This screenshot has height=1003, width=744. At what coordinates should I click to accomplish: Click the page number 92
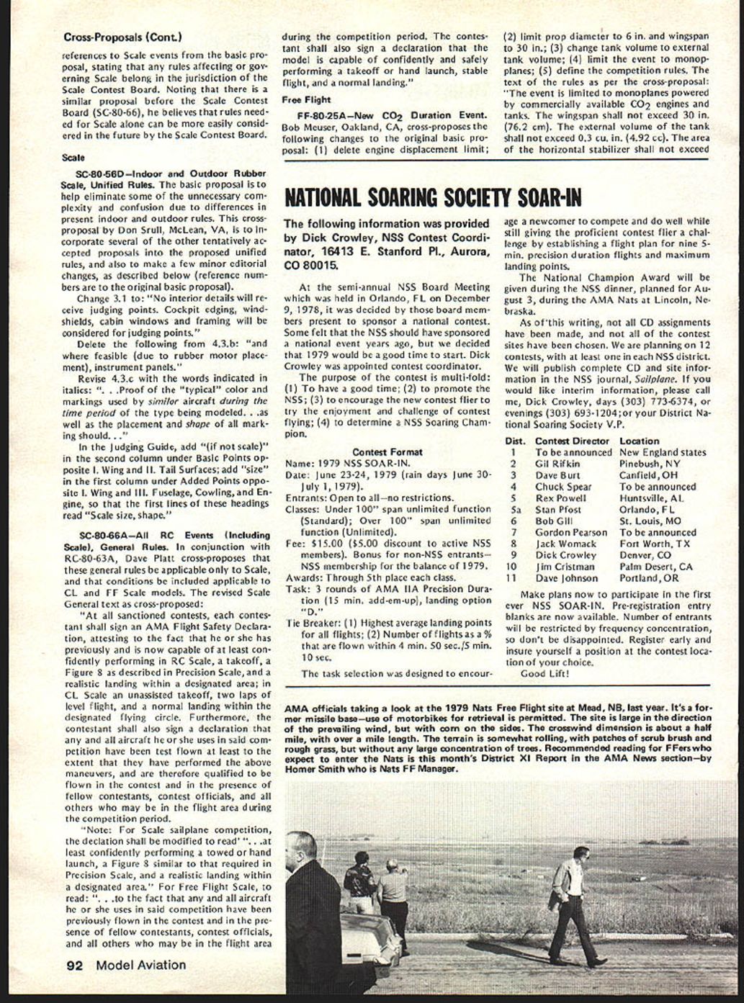click(x=74, y=966)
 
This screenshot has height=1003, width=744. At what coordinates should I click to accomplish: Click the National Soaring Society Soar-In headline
click(x=433, y=197)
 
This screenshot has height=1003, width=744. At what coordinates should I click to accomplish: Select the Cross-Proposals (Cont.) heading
click(x=122, y=37)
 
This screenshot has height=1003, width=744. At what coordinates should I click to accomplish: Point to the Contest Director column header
click(x=572, y=441)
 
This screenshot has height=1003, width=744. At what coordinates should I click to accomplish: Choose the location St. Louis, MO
click(x=650, y=521)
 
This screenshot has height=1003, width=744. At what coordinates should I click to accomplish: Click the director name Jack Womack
click(x=565, y=544)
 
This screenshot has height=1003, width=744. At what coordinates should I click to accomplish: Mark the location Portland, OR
click(x=648, y=578)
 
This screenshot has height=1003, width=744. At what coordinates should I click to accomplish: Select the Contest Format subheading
click(x=387, y=452)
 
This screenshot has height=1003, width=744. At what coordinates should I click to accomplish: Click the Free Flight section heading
click(x=306, y=100)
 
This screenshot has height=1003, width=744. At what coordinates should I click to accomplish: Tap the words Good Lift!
click(x=544, y=674)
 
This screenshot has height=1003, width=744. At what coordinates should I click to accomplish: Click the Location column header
click(x=639, y=441)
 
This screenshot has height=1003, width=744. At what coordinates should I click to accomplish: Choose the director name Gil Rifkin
click(x=557, y=464)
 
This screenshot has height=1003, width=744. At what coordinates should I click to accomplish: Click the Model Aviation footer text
click(x=140, y=966)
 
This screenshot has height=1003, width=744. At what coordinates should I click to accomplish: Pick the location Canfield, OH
click(x=647, y=475)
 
